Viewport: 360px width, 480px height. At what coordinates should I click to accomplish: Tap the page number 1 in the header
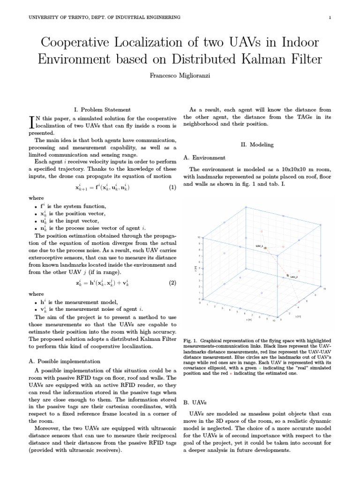click(330, 17)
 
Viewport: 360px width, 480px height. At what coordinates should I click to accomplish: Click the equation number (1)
click(172, 187)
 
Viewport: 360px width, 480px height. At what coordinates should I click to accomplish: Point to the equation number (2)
click(172, 283)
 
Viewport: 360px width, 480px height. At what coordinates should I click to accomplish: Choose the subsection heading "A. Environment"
click(204, 157)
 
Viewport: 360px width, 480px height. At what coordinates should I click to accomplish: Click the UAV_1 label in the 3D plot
click(259, 245)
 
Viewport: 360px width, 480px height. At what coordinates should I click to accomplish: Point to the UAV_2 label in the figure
click(294, 277)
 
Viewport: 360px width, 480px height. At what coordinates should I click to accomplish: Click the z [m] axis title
click(195, 268)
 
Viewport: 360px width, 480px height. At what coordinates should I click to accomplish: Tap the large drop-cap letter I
click(32, 122)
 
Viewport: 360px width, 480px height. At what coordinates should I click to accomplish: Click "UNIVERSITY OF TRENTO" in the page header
click(58, 17)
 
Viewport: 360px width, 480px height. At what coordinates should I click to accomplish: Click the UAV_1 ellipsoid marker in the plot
click(265, 247)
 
